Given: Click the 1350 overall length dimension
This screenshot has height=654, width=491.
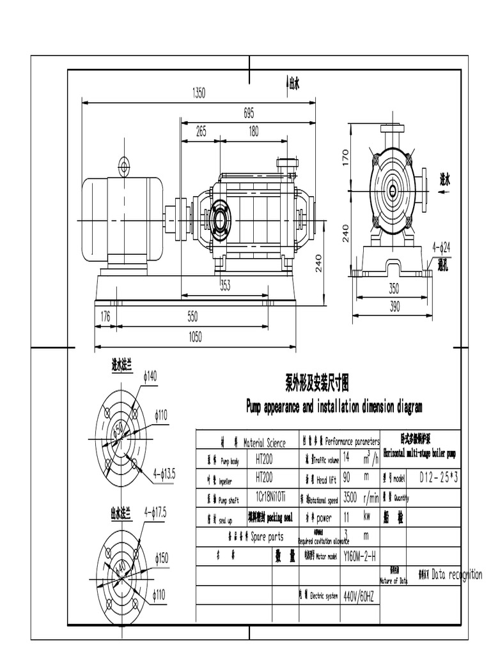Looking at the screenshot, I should [199, 93].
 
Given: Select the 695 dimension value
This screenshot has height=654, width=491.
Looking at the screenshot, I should [249, 113].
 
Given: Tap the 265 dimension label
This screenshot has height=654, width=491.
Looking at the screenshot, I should [201, 132].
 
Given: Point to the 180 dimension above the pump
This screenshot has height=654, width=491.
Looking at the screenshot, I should [253, 132].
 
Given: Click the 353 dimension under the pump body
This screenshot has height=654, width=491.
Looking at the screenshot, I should [225, 285].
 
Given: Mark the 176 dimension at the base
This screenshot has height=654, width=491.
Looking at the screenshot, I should [105, 316].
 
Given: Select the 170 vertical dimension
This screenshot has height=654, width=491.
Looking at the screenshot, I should [346, 155].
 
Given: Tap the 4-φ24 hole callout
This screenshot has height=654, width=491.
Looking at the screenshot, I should [441, 246].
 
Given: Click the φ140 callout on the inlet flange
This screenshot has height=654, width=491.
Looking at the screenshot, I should [149, 377].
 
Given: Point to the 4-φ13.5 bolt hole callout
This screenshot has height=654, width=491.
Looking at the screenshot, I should [164, 473].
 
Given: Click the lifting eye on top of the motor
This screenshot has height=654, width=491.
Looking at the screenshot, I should [123, 167].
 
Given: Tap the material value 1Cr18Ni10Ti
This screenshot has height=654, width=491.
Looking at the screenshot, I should [271, 496].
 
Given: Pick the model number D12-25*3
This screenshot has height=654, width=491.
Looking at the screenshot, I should [439, 477].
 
